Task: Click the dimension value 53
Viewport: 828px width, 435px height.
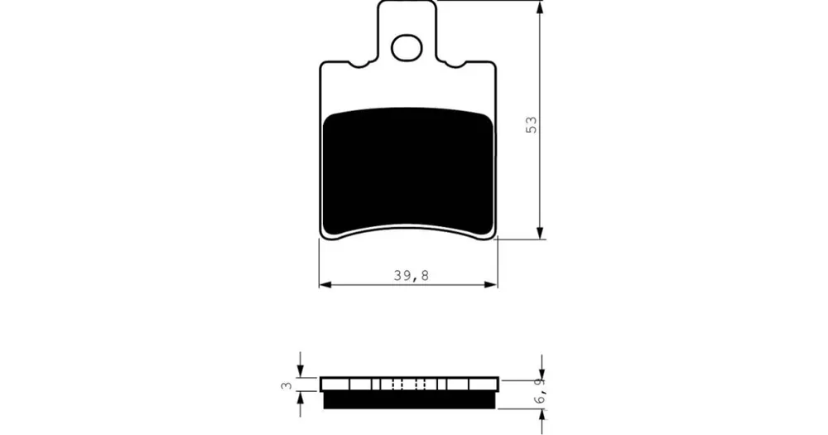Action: (532, 124)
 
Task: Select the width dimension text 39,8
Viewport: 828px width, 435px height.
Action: (411, 275)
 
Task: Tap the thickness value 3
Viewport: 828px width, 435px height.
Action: (286, 385)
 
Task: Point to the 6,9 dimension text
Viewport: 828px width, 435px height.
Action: (539, 393)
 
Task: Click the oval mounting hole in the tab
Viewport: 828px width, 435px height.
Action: (407, 47)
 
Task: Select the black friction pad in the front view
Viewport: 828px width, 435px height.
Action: (407, 171)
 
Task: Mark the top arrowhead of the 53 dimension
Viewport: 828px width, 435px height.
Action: (540, 7)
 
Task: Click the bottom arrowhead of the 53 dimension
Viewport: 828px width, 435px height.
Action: (540, 233)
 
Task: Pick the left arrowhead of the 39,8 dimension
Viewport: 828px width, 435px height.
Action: (325, 285)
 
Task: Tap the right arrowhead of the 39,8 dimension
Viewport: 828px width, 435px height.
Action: (491, 285)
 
